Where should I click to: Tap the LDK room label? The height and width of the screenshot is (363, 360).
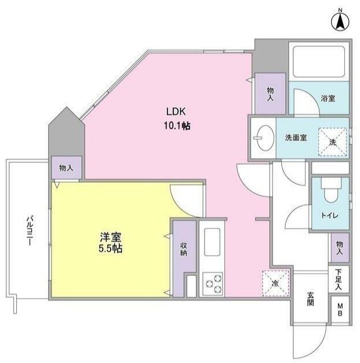tap(176, 112)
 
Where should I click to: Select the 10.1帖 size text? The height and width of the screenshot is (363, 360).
tap(177, 125)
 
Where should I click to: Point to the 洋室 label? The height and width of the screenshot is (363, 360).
tap(110, 237)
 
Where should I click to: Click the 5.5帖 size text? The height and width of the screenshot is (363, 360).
tap(110, 249)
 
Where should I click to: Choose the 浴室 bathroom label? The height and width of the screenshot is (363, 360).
tap(328, 99)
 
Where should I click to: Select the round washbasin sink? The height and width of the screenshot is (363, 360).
tap(261, 137)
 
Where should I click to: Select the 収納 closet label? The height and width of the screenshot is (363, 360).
tap(183, 248)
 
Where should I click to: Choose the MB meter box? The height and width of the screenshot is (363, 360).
tap(340, 309)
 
